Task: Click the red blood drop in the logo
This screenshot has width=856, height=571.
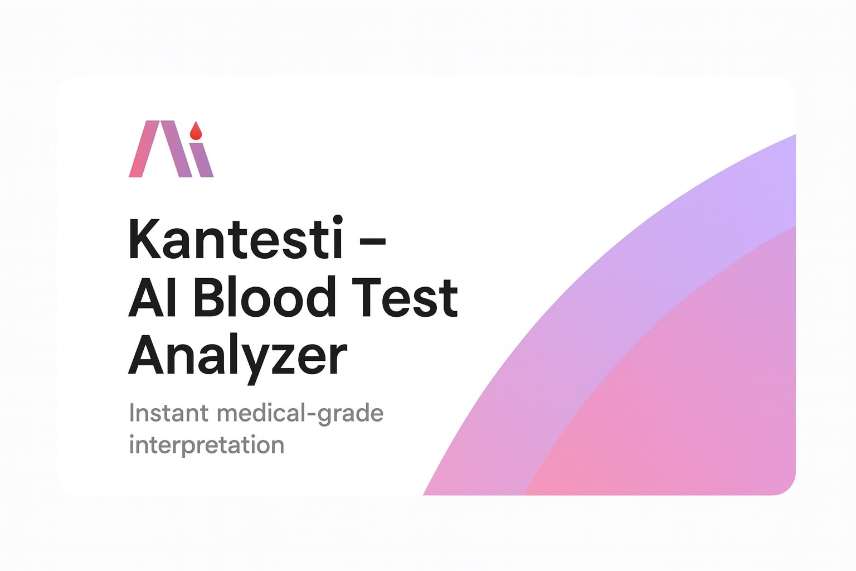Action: tap(196, 132)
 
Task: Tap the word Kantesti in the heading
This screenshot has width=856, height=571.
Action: tap(235, 239)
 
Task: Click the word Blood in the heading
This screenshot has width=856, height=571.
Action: tap(265, 297)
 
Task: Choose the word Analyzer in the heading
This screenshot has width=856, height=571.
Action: tap(238, 356)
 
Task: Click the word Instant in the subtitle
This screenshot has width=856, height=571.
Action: tap(169, 413)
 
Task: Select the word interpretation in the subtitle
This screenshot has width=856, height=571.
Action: tap(207, 445)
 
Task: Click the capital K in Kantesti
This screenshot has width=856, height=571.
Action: tap(144, 239)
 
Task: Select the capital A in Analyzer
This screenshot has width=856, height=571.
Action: tap(146, 355)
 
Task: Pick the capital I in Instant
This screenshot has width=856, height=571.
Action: tap(132, 413)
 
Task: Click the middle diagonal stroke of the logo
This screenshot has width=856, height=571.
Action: tap(176, 149)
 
